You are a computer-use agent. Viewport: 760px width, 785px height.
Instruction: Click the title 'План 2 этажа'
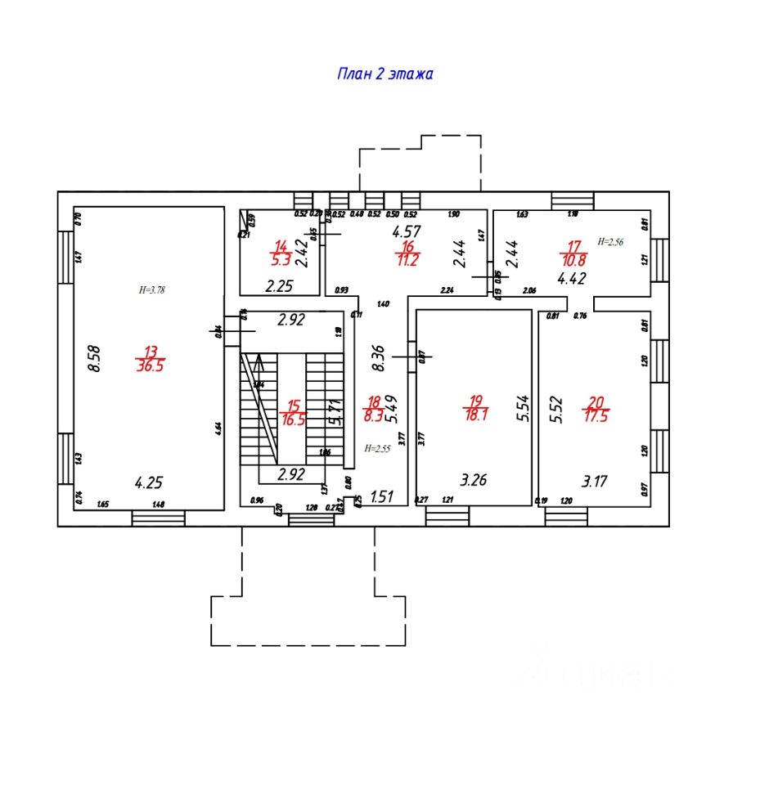point(384,74)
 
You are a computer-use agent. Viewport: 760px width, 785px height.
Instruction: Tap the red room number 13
point(150,352)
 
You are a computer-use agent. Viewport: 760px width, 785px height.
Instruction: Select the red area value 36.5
point(150,366)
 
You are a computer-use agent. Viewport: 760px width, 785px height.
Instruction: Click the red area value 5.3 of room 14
point(281,262)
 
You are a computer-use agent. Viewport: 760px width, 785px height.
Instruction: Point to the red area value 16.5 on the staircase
point(291,419)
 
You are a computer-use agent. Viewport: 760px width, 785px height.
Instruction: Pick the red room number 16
point(407,247)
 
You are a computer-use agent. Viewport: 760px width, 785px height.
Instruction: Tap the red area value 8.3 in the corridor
point(372,415)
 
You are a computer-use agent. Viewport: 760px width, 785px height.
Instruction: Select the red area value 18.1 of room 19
point(474,415)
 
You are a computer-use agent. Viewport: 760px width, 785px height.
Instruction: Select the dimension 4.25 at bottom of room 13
point(148,483)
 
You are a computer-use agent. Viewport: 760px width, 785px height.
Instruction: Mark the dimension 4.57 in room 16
point(407,231)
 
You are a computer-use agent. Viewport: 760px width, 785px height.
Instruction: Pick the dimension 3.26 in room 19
point(474,480)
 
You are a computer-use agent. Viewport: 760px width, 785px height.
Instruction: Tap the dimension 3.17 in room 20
point(595,480)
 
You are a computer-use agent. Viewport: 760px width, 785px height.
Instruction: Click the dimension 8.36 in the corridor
point(378,358)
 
